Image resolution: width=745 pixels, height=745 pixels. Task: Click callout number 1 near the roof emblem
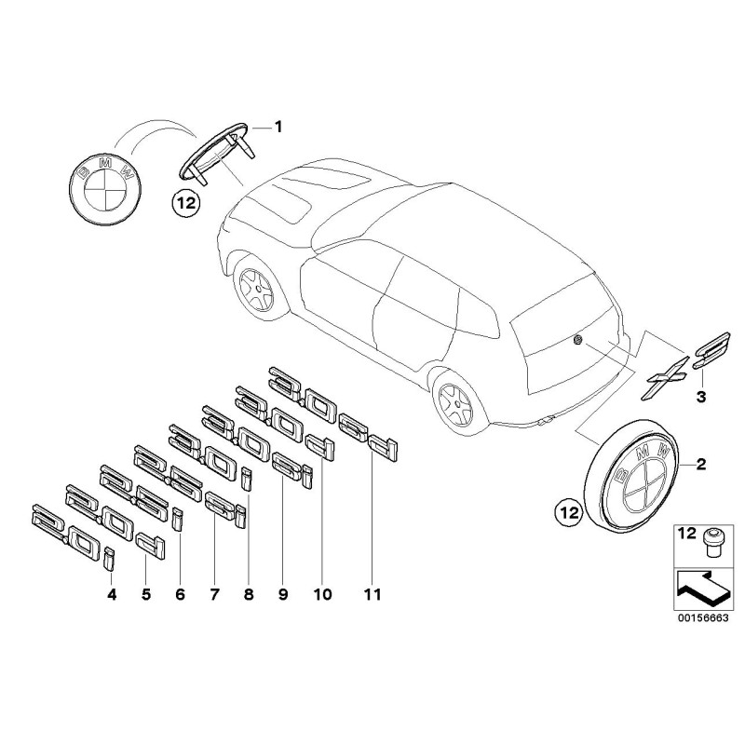(x=276, y=125)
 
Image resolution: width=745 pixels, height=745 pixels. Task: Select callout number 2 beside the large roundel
(x=701, y=463)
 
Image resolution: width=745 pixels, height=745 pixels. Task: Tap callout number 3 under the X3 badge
(x=701, y=398)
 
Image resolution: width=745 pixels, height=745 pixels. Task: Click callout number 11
(x=373, y=592)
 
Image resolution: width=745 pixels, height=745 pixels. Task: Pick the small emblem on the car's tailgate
(x=578, y=341)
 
